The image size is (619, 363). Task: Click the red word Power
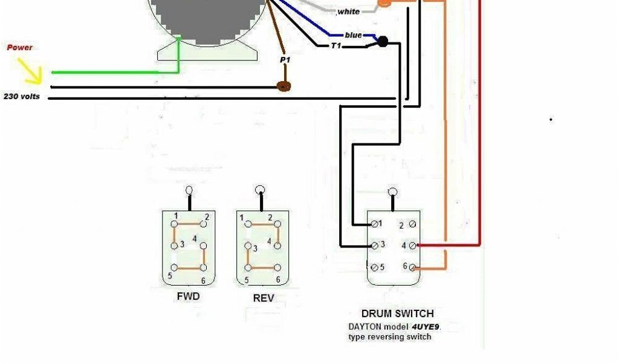tap(19, 47)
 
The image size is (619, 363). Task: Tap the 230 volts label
tap(22, 96)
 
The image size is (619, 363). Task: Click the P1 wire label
tap(285, 60)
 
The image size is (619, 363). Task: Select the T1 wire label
tap(336, 45)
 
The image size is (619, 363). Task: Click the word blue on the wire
tap(353, 35)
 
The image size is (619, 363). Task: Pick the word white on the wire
tap(348, 11)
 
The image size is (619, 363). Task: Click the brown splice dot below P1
tap(284, 87)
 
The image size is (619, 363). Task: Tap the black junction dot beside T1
tap(382, 42)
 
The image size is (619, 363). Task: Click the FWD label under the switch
tap(188, 297)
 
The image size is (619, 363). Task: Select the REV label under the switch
tap(263, 298)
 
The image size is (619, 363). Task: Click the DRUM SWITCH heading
tap(397, 313)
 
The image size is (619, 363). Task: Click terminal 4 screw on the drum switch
tap(412, 246)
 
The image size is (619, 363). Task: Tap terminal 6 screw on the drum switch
tap(412, 267)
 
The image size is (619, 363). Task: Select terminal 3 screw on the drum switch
tap(375, 246)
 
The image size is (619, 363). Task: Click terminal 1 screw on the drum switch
tap(375, 224)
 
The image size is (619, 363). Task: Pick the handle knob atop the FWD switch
tap(189, 189)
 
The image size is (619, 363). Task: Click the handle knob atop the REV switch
tap(260, 189)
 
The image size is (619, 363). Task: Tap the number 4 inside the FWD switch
tap(195, 239)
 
